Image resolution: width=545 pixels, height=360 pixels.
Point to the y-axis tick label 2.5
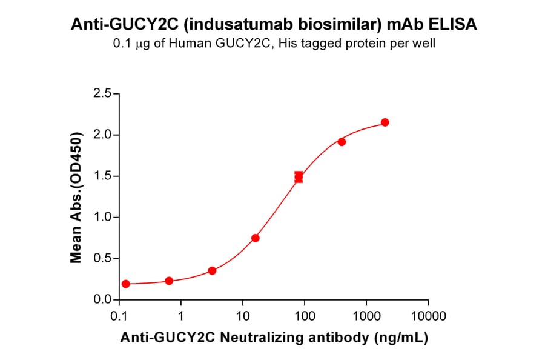point(101,93)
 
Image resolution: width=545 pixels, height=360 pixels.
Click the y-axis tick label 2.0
point(101,135)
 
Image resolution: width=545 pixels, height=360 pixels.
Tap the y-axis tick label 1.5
point(101,176)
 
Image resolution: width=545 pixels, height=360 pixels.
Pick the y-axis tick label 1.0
point(101,217)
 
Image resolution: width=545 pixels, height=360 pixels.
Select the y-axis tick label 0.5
point(101,259)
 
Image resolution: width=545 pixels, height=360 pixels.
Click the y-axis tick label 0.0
point(101,300)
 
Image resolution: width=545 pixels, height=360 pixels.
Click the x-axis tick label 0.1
point(119,316)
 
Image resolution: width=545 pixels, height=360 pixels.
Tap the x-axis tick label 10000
point(428,316)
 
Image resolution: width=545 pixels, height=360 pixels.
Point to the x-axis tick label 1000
point(366,316)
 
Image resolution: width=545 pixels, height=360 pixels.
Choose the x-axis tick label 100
point(304,316)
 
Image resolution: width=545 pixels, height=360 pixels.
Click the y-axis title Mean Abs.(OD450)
point(76,196)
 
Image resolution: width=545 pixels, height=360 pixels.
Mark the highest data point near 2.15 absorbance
point(385,122)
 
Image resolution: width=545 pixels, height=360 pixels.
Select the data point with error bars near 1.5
point(299,176)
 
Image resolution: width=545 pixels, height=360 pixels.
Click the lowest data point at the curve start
point(125,284)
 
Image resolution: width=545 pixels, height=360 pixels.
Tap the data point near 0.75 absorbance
point(256,238)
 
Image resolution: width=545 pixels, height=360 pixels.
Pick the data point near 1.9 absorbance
point(342,142)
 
